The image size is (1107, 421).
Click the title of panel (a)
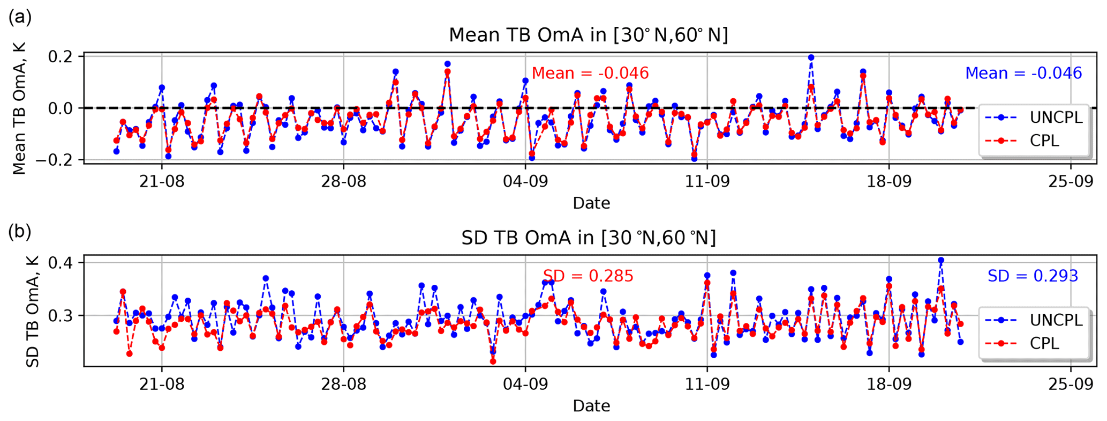pyautogui.click(x=588, y=35)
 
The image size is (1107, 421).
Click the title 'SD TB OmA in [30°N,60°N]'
pyautogui.click(x=588, y=238)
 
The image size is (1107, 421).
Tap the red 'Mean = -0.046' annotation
pyautogui.click(x=590, y=73)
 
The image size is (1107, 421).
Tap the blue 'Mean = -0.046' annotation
pyautogui.click(x=1023, y=73)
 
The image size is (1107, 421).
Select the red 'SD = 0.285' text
pyautogui.click(x=588, y=276)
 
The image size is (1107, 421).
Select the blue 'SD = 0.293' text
pyautogui.click(x=1033, y=276)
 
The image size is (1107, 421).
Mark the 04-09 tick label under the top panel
pyautogui.click(x=525, y=181)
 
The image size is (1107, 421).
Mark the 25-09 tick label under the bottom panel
pyautogui.click(x=1071, y=384)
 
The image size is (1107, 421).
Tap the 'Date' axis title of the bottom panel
pyautogui.click(x=591, y=406)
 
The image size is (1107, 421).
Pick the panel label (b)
pyautogui.click(x=20, y=231)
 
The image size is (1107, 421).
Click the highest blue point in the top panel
pyautogui.click(x=811, y=57)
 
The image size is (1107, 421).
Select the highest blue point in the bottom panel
pyautogui.click(x=941, y=260)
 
